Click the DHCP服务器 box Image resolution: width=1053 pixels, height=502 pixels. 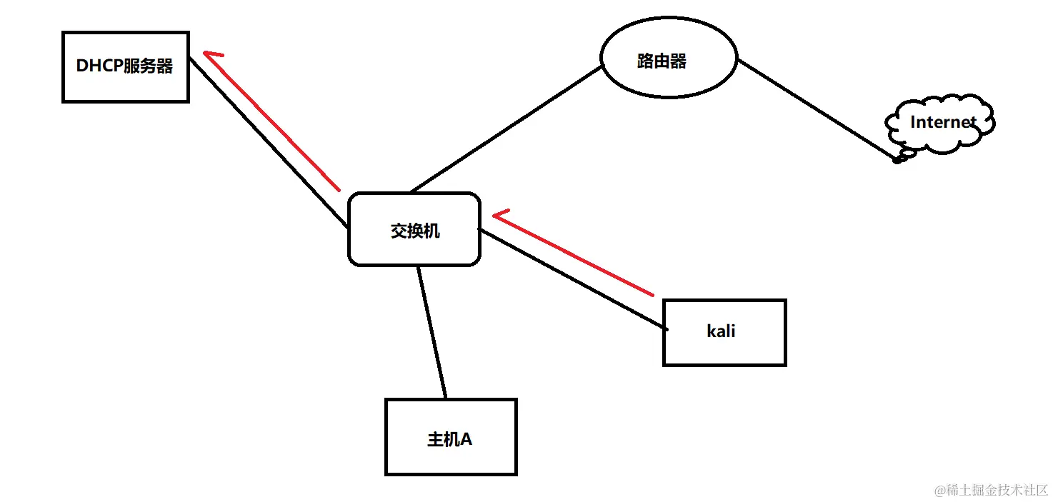point(126,67)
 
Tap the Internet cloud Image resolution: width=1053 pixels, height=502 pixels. point(940,123)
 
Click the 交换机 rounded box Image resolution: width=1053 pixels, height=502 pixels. point(414,229)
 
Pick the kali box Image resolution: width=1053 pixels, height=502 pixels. point(724,333)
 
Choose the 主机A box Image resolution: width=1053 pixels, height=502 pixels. point(450,437)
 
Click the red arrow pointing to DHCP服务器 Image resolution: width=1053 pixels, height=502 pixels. point(271,121)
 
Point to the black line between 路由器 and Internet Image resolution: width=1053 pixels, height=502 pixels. point(814,109)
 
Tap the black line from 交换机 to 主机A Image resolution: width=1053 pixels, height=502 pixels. point(432,333)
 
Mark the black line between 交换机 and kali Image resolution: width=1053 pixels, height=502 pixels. point(572,280)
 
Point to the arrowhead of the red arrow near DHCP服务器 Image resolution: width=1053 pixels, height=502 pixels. point(211,54)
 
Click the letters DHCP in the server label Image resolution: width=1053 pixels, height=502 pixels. point(99,66)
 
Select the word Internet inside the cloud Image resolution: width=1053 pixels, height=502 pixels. point(942,122)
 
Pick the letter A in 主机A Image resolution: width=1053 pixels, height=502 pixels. point(464,439)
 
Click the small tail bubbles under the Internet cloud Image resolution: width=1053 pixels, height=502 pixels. point(902,156)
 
